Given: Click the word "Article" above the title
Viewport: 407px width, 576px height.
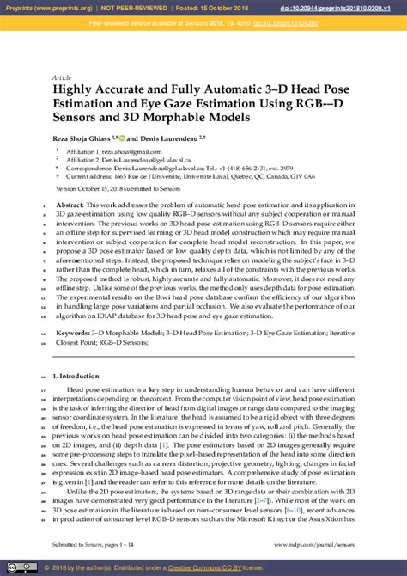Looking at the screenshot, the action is (62, 76).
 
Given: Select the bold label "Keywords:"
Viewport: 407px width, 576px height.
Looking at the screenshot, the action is (73, 331).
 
